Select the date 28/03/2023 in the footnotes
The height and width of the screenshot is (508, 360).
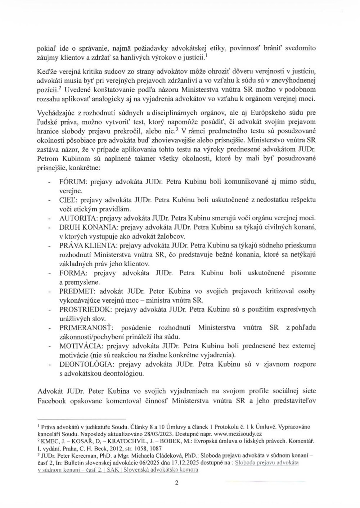click(x=160, y=434)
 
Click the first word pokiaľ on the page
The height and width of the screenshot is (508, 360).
click(x=46, y=48)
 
